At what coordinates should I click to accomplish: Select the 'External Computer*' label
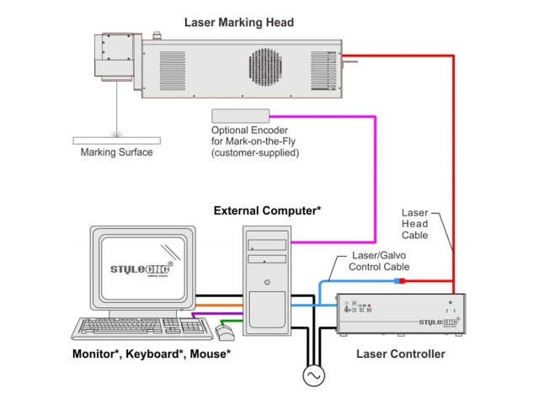pos(267,210)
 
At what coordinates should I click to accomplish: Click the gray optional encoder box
pos(240,115)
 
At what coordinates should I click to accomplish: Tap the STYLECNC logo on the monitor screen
pos(143,271)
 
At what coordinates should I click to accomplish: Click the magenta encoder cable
pos(373,168)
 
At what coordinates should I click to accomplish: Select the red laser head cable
pos(454,168)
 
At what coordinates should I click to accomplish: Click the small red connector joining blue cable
pos(402,280)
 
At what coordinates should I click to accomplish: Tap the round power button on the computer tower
pos(267,282)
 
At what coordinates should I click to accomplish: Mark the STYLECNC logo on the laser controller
pos(437,322)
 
